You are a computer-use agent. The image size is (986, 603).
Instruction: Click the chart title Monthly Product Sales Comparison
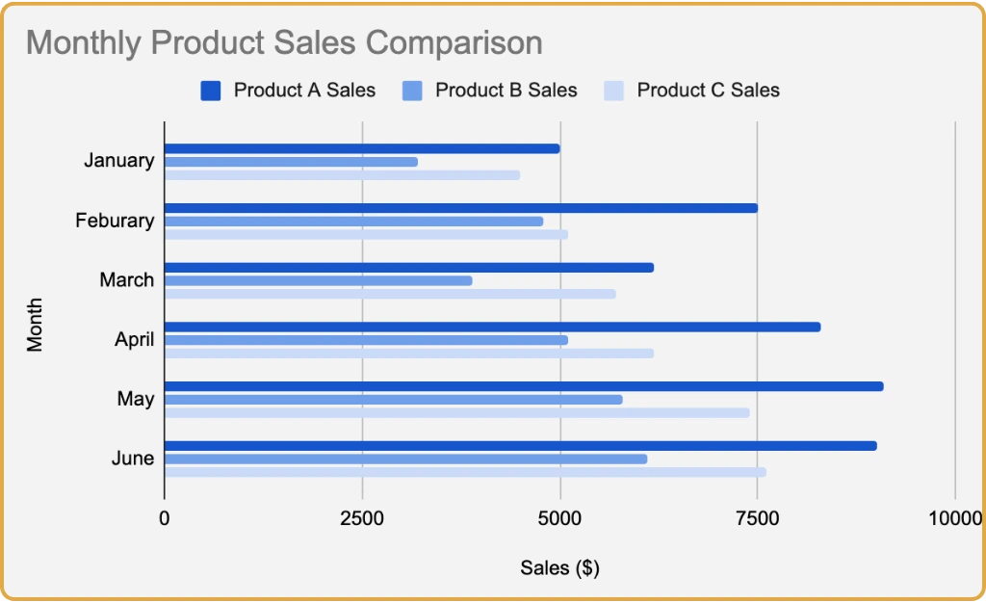pyautogui.click(x=284, y=43)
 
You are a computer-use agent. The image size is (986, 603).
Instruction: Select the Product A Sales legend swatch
pyautogui.click(x=211, y=91)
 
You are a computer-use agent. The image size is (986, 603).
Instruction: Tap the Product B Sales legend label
pyautogui.click(x=506, y=91)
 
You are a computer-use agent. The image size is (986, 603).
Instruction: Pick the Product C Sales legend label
pyautogui.click(x=708, y=91)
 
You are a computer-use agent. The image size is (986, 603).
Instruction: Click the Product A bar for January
pyautogui.click(x=362, y=148)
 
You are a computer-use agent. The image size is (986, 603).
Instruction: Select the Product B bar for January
pyautogui.click(x=291, y=162)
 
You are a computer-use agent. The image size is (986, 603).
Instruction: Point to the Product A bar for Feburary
pyautogui.click(x=461, y=208)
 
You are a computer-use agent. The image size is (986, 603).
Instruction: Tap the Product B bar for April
pyautogui.click(x=366, y=340)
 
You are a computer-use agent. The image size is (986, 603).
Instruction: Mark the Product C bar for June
pyautogui.click(x=465, y=472)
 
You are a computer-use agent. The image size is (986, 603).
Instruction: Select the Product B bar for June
pyautogui.click(x=405, y=459)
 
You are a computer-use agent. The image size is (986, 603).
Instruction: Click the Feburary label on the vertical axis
pyautogui.click(x=115, y=221)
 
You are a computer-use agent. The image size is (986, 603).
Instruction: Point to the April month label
pyautogui.click(x=134, y=340)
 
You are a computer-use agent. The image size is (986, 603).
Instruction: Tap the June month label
pyautogui.click(x=132, y=459)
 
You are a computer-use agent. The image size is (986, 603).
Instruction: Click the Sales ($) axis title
pyautogui.click(x=559, y=568)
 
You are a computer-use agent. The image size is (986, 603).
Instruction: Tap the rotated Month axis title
pyautogui.click(x=36, y=327)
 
